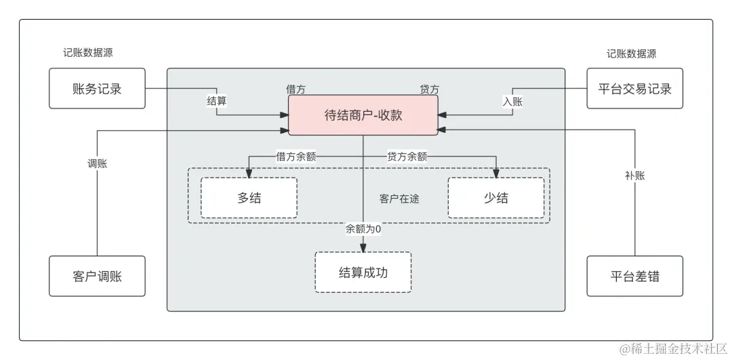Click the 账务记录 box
tap(97, 88)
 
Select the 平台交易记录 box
tap(634, 88)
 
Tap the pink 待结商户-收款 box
tap(363, 115)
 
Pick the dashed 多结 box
tap(249, 198)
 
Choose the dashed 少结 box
tap(495, 198)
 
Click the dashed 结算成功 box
tap(363, 273)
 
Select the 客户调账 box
tap(97, 276)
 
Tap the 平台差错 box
tap(634, 276)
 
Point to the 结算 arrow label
tap(216, 101)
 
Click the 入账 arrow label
tap(512, 101)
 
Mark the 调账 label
tap(97, 163)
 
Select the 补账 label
tap(634, 176)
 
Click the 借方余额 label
tap(296, 157)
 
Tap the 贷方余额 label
tap(407, 157)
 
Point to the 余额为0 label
tap(363, 229)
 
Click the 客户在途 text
tap(399, 199)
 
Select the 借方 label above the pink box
tap(296, 89)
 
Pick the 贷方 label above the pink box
tap(429, 89)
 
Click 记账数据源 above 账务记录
tap(88, 54)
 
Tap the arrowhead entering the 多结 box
tap(249, 174)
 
